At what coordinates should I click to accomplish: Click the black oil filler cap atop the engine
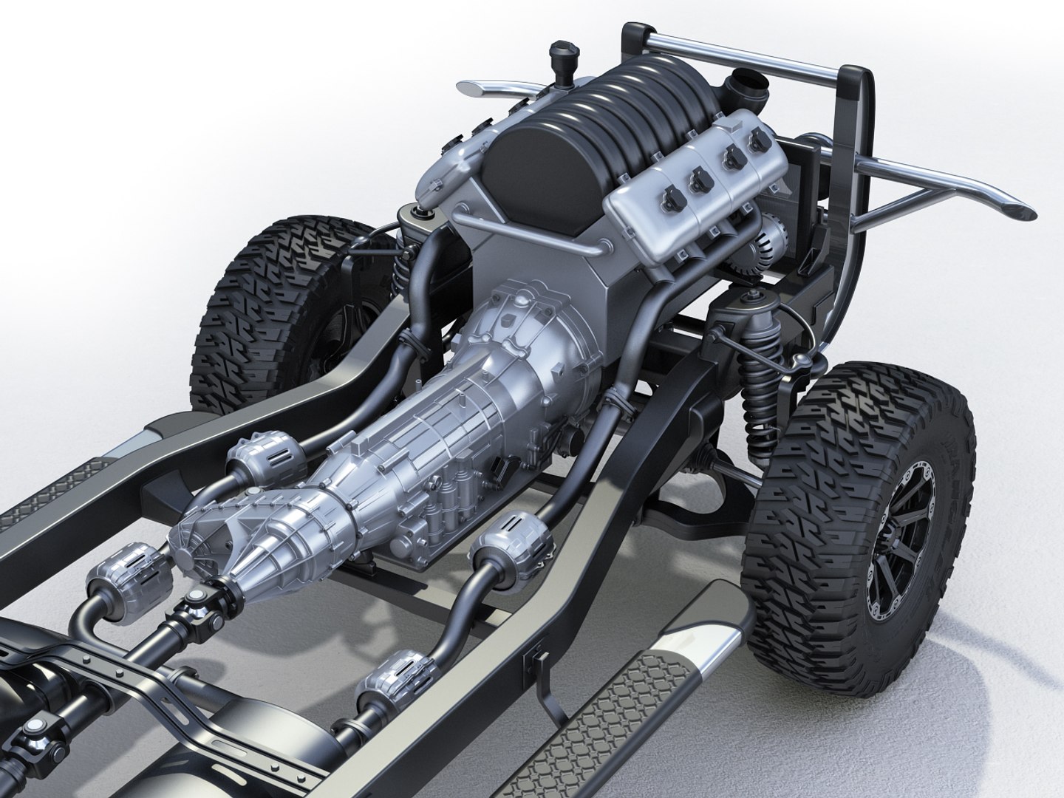pyautogui.click(x=556, y=54)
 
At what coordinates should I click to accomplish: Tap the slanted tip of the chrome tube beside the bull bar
pyautogui.click(x=1016, y=209)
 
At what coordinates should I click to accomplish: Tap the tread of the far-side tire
pyautogui.click(x=244, y=318)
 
